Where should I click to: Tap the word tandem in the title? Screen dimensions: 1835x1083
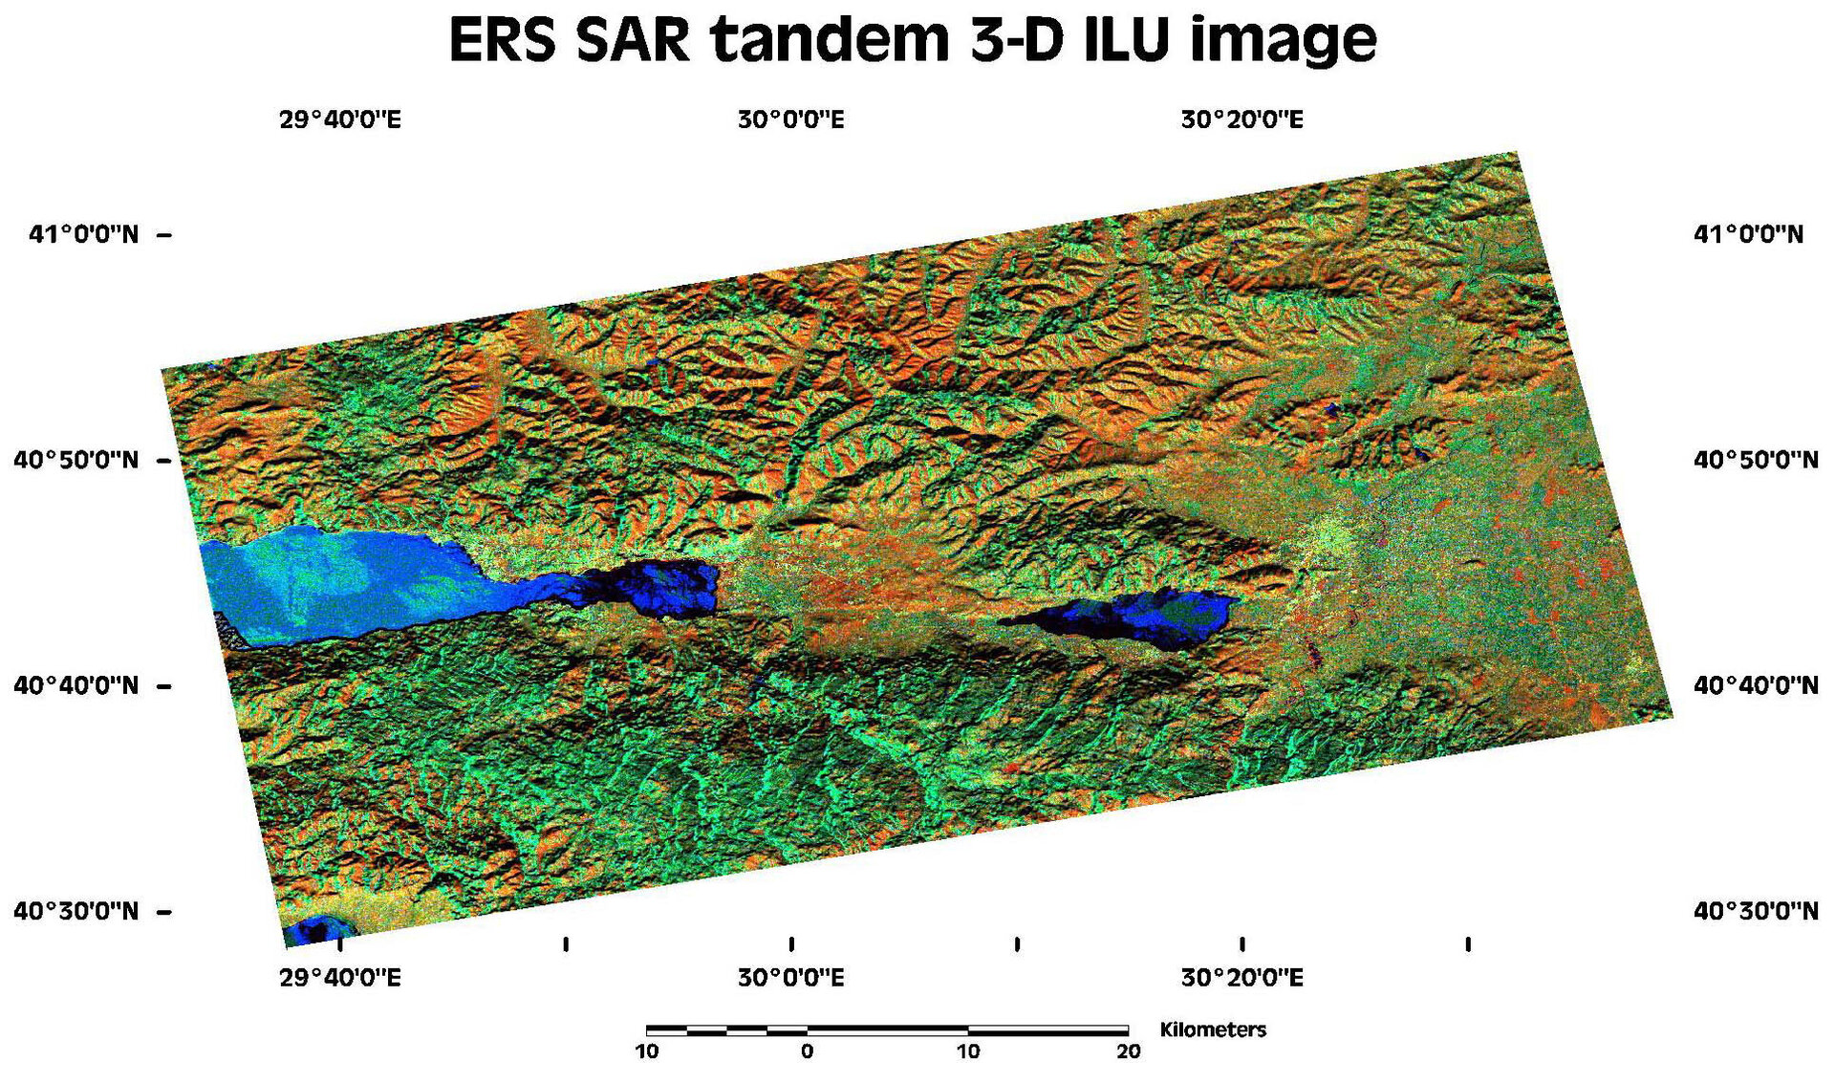tap(828, 40)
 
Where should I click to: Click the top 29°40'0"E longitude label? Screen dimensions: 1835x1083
tap(339, 120)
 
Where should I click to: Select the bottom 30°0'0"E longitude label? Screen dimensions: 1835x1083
tap(790, 978)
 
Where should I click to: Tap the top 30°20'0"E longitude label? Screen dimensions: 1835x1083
tap(1241, 120)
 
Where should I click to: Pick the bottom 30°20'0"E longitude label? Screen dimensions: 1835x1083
tap(1241, 978)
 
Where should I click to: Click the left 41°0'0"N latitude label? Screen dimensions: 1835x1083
tap(83, 234)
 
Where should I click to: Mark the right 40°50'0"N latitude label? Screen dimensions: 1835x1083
tap(1756, 460)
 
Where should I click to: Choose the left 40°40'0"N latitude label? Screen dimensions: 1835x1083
tap(76, 685)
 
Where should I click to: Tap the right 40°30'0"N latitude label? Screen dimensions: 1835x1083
tap(1756, 911)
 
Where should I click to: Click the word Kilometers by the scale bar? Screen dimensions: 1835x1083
tap(1213, 1029)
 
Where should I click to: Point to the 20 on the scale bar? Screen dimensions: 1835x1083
tap(1129, 1052)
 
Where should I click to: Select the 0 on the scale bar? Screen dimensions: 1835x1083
tap(808, 1052)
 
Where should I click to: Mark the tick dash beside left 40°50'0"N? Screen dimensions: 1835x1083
tap(163, 461)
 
